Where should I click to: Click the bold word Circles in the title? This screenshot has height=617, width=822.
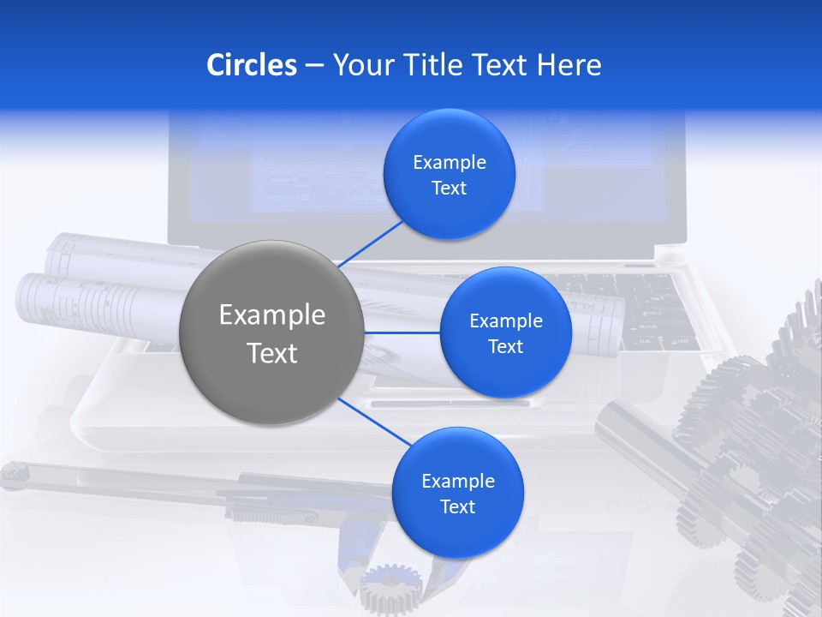tap(252, 65)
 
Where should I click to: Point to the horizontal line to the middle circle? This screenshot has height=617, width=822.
tap(402, 332)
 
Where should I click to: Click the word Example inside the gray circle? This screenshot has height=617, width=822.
tap(271, 315)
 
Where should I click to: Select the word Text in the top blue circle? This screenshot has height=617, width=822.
tap(449, 189)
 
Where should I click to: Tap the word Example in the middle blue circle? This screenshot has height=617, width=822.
tap(505, 321)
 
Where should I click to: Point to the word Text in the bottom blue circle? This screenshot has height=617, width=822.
tap(457, 506)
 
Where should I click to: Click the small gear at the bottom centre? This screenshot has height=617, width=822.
tap(391, 590)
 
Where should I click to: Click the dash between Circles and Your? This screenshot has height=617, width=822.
tap(314, 65)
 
